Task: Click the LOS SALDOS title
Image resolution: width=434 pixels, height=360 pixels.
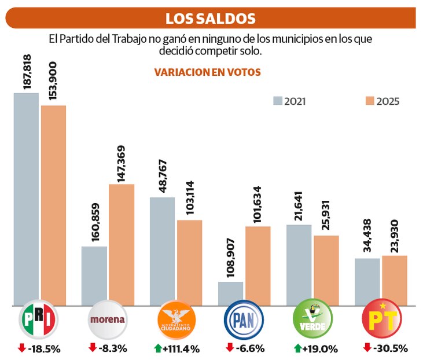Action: [x=210, y=19]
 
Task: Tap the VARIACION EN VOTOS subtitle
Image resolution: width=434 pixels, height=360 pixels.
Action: [x=207, y=72]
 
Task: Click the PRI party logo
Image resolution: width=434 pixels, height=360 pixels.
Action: [x=39, y=320]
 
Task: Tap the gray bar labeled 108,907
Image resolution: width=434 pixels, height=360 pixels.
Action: [x=231, y=293]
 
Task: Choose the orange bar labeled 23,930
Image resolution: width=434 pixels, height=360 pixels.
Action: [x=395, y=280]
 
